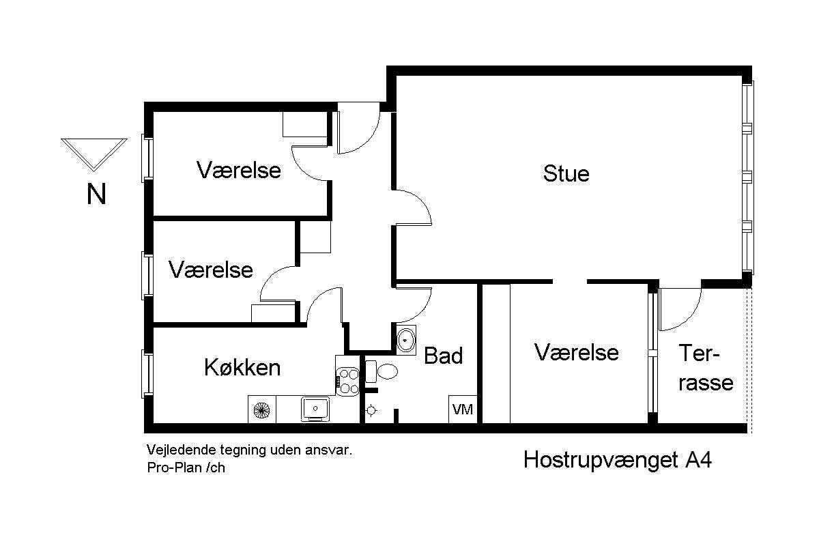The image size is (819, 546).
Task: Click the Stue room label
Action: (566, 173)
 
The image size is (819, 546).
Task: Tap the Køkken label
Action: (242, 368)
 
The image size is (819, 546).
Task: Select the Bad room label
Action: (443, 356)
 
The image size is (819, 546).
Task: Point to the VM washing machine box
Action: (463, 409)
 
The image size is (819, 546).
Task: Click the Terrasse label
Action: (705, 369)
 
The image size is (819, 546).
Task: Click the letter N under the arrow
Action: (96, 195)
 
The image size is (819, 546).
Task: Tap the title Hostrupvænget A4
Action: (618, 460)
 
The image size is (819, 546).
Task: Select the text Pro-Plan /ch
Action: (186, 468)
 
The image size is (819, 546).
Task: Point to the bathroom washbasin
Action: (407, 339)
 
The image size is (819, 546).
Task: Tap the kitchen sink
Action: (316, 408)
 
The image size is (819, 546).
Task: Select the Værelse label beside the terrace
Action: (576, 352)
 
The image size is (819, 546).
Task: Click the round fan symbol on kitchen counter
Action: (261, 409)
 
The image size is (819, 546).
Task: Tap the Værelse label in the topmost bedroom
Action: (238, 169)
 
